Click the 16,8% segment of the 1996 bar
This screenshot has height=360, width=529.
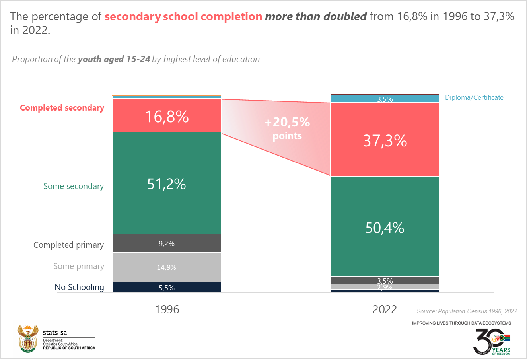coord(167,116)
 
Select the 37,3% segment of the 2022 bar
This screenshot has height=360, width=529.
coord(385,140)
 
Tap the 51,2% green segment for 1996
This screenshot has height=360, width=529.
coord(167,183)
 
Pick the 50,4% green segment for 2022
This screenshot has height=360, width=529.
coord(385,227)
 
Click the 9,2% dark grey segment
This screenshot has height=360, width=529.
coord(167,243)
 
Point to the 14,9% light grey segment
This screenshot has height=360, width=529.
coord(167,267)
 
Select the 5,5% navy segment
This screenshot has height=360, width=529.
coord(167,288)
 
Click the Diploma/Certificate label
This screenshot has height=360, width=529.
coord(474,97)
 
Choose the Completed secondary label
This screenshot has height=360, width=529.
coord(62,108)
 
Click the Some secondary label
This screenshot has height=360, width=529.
coord(74,186)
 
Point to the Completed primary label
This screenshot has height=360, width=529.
coord(68,245)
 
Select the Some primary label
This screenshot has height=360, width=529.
coord(79,266)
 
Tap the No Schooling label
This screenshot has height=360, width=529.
coord(79,287)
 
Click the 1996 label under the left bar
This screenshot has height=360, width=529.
coord(167,309)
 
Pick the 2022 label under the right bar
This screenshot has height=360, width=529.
coord(385,309)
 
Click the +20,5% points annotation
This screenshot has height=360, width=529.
coord(287,128)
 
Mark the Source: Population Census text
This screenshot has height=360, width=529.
coord(467,311)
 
